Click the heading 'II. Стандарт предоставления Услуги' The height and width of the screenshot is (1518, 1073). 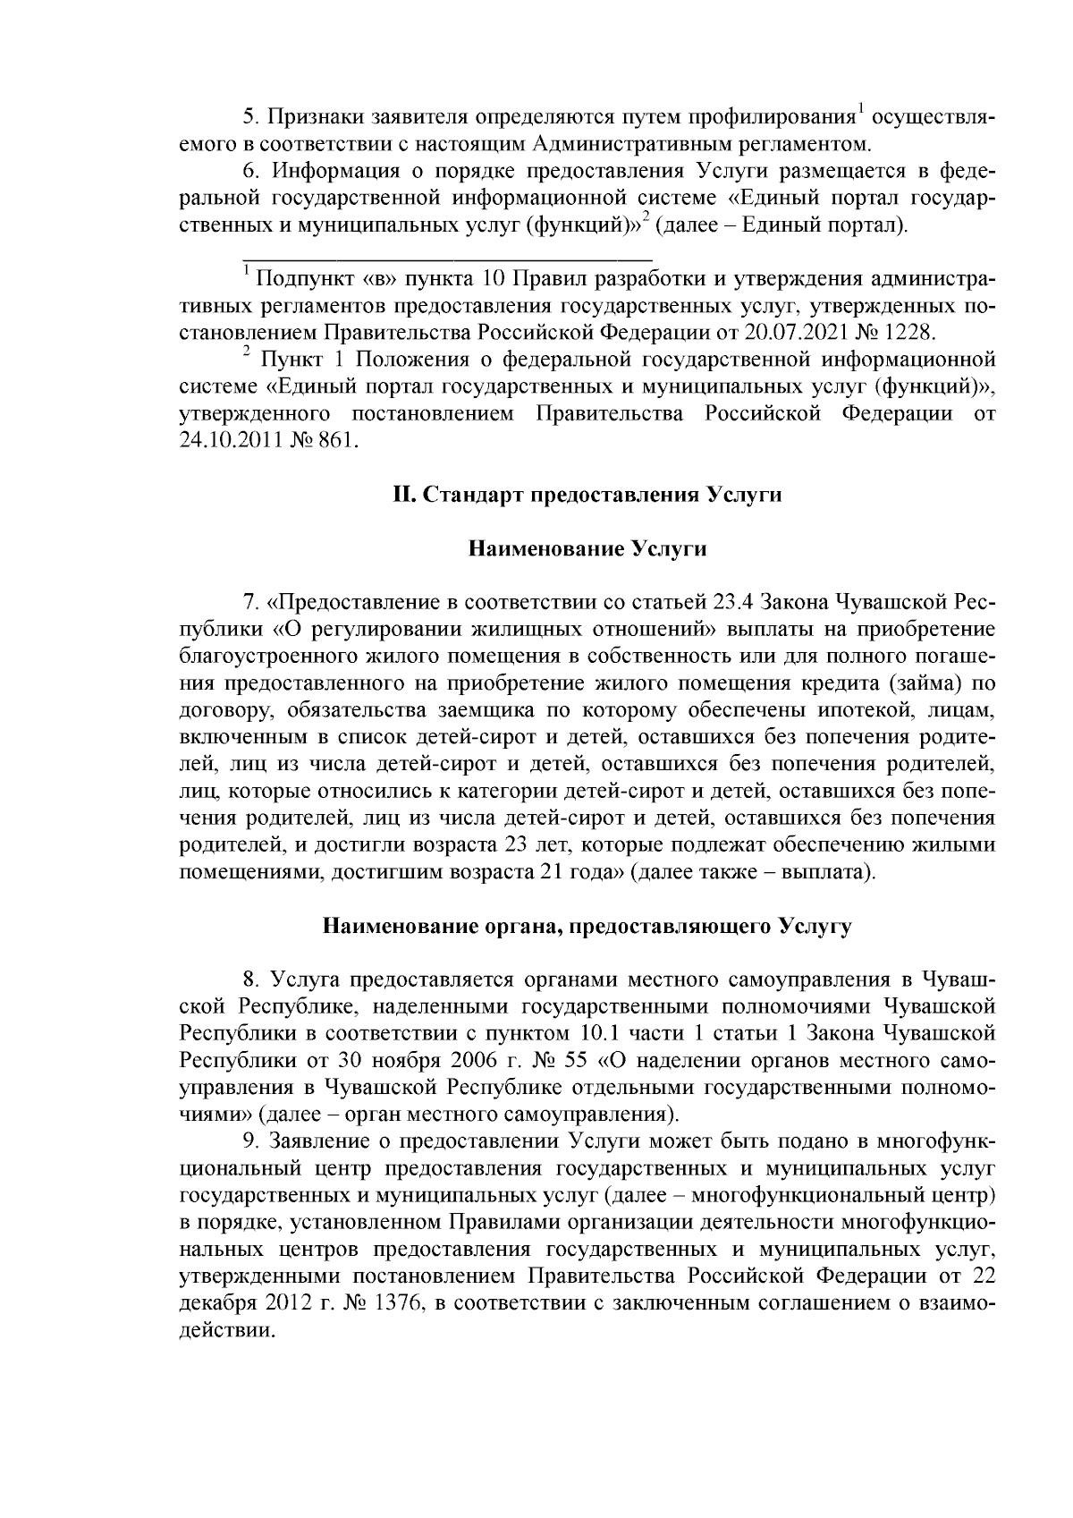point(587,496)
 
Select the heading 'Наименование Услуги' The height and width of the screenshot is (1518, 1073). point(587,548)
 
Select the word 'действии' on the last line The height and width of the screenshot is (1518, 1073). point(223,1330)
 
